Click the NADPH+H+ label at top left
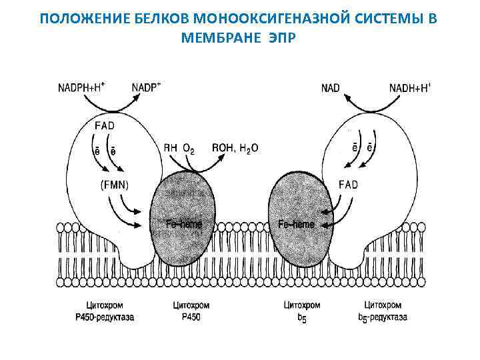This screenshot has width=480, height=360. click(84, 87)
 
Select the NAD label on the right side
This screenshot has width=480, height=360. click(331, 87)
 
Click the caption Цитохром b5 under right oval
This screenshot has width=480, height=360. click(301, 311)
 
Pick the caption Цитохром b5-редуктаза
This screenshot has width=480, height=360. click(383, 311)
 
